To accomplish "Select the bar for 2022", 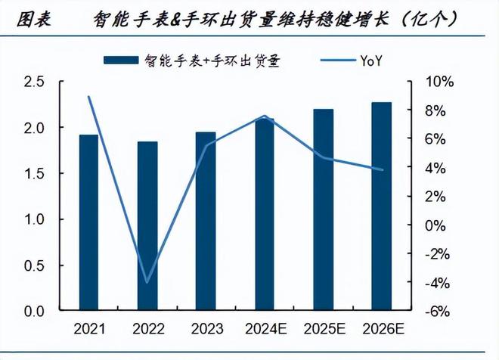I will point(147,226).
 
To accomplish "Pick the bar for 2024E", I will point(265,214).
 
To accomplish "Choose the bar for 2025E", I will point(324,210).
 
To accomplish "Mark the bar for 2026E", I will point(382,206).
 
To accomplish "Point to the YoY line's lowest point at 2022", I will point(147,282).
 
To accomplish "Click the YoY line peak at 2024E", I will point(265,116).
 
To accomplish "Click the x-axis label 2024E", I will point(265,329).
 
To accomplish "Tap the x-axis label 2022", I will point(147,329).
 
